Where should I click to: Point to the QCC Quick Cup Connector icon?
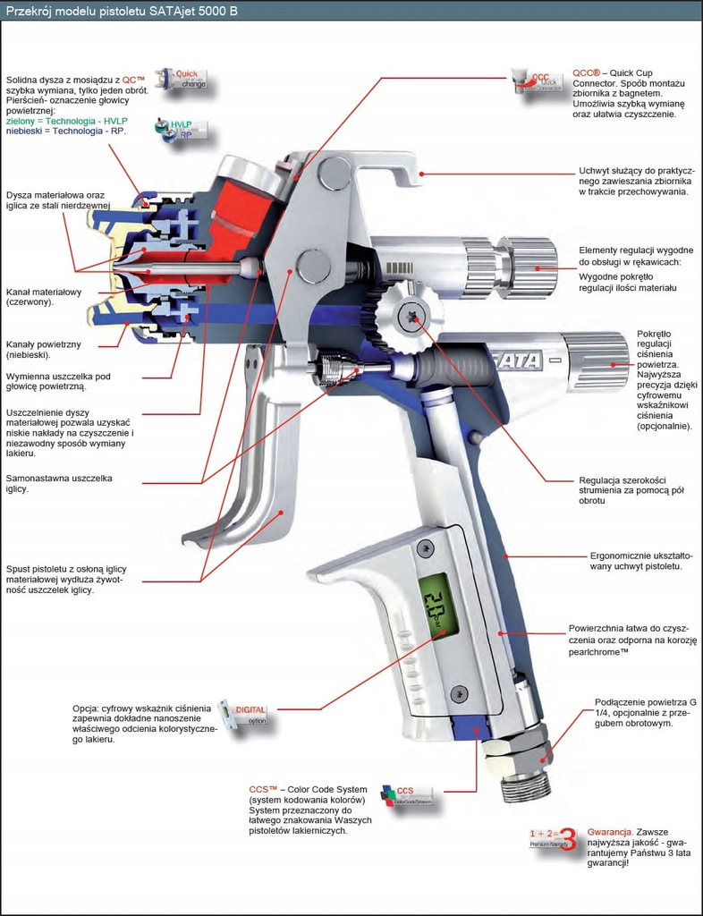tap(538, 78)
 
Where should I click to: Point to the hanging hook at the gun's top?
tap(385, 172)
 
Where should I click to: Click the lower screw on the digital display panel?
tap(459, 691)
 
